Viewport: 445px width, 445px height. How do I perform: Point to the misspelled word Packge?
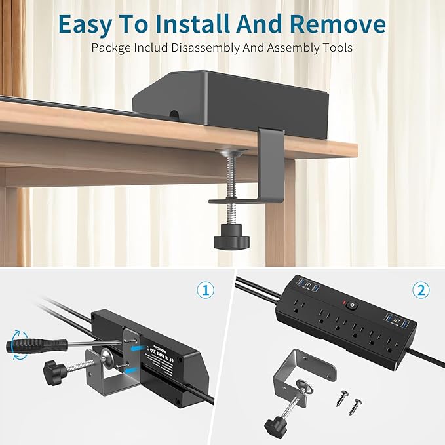(x=110, y=47)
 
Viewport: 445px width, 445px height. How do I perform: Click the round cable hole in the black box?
(x=174, y=114)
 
